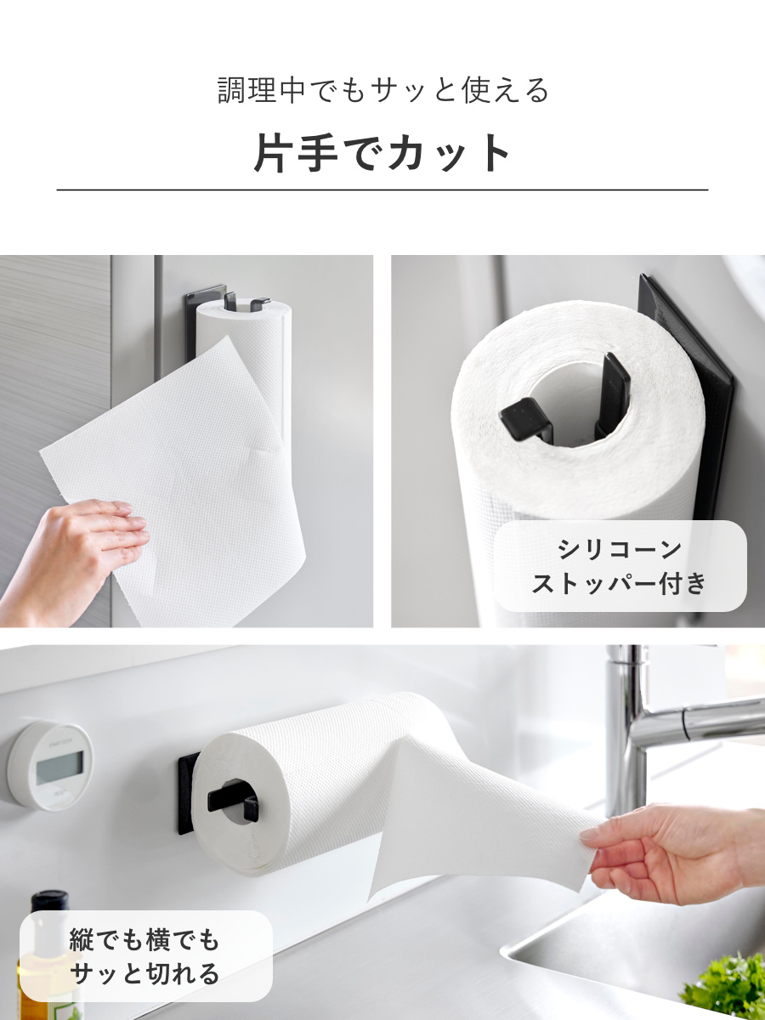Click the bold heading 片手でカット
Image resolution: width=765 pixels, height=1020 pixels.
pos(382,153)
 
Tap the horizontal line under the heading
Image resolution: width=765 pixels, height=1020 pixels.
pos(382,190)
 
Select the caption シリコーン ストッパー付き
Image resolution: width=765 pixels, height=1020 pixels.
pos(620,566)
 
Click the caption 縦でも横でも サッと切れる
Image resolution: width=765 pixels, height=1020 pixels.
pos(145,956)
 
